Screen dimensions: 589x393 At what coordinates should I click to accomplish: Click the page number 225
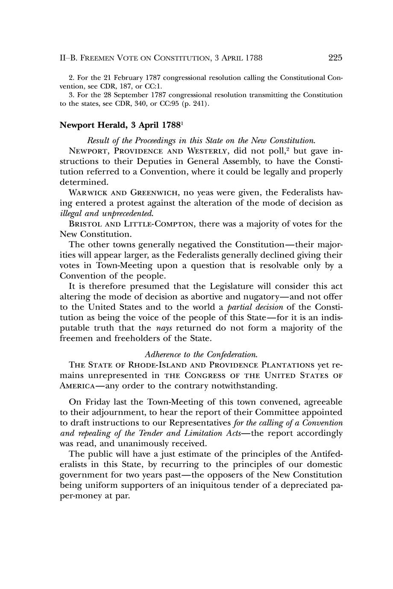[335, 58]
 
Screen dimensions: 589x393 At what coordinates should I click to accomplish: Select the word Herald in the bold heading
[109, 125]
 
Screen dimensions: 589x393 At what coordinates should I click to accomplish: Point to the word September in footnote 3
[128, 95]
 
